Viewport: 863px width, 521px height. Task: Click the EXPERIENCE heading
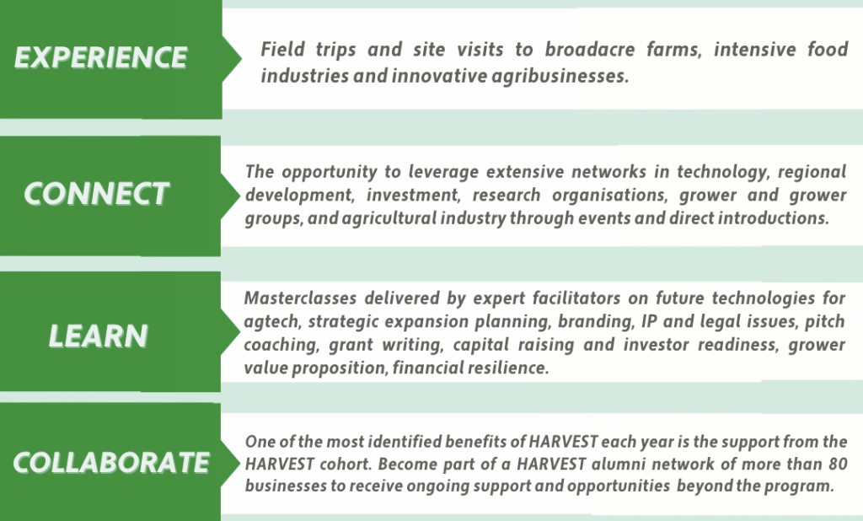point(101,57)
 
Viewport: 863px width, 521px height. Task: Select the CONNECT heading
point(96,194)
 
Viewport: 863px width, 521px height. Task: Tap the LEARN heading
point(99,336)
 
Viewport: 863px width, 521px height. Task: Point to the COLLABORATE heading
point(111,463)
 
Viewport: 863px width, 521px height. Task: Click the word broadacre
point(589,50)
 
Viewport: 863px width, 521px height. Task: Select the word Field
point(282,50)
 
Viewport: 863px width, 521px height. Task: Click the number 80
point(838,464)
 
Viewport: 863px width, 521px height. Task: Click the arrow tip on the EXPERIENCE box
point(240,59)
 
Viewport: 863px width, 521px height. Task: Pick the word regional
point(812,172)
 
